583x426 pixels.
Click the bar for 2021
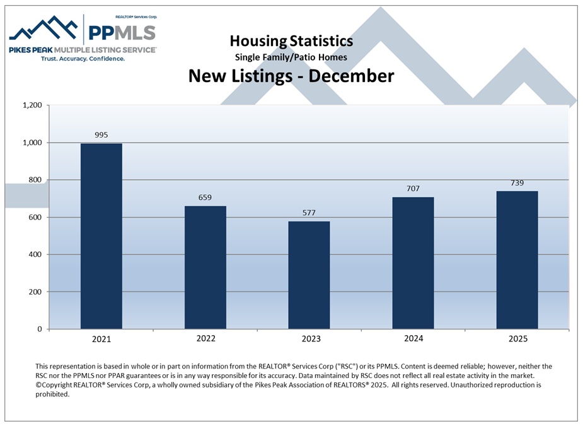pos(101,236)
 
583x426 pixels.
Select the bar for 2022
pos(205,267)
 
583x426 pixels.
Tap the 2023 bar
pos(309,275)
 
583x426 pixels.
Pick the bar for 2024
pos(413,263)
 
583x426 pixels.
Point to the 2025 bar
pos(517,259)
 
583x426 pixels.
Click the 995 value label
pos(101,134)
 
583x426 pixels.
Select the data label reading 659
pos(205,197)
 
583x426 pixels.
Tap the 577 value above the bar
pos(309,212)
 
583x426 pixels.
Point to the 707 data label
pos(413,188)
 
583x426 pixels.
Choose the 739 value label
pos(517,182)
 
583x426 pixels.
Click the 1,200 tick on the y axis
pos(31,105)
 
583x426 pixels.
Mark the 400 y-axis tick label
pos(35,254)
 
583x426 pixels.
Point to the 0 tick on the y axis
pos(40,329)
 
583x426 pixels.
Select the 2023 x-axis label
pos(309,339)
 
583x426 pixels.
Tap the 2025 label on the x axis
pos(517,339)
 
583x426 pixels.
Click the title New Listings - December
pos(291,76)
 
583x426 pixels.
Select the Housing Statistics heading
pos(291,41)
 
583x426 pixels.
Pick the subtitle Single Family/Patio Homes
pos(291,57)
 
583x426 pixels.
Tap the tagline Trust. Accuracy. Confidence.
pos(83,59)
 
